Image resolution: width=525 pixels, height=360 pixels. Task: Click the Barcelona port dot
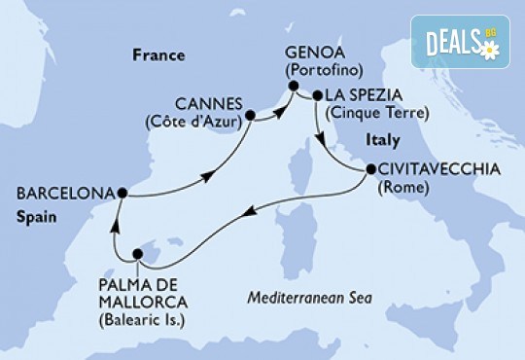tap(121, 192)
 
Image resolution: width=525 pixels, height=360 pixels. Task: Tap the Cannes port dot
tap(250, 115)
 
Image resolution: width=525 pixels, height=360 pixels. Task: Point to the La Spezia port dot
tap(316, 95)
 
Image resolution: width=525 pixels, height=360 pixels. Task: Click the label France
tap(157, 55)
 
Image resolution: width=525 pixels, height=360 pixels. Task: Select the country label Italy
tap(381, 140)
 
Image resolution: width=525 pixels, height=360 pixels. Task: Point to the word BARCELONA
tap(55, 191)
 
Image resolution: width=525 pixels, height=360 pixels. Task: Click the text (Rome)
tap(402, 186)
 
